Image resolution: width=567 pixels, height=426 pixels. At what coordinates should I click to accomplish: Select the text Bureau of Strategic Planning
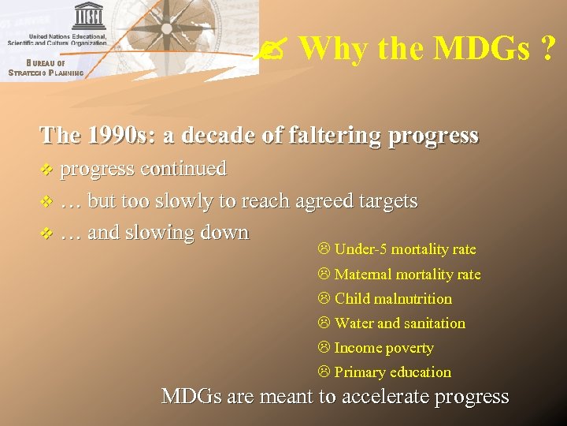46,68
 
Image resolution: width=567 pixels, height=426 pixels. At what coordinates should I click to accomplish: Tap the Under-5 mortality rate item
405,249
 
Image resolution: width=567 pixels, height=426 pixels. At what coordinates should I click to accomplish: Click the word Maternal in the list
363,275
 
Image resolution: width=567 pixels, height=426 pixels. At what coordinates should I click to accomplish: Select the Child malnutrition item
393,299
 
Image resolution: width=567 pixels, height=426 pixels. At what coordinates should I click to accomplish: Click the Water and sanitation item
399,323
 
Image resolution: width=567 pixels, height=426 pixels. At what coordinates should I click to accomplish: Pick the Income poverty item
384,348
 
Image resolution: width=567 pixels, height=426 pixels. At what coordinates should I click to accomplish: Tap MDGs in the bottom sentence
191,396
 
